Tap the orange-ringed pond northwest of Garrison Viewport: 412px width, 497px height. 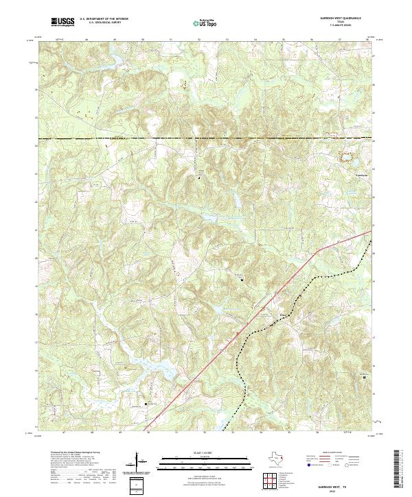pos(347,156)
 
